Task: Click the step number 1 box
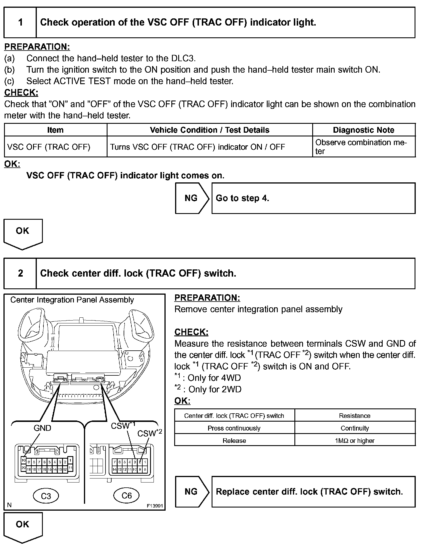(20, 22)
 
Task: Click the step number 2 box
(20, 273)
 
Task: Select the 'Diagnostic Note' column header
(363, 130)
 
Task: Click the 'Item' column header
(55, 130)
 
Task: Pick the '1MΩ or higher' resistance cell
(355, 441)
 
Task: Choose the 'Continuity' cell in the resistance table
(355, 428)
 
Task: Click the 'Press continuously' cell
(234, 428)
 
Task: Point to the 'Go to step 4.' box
(313, 198)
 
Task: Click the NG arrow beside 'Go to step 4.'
(191, 198)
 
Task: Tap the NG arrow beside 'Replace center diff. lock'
(191, 492)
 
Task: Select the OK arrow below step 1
(23, 233)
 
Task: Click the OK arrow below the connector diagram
(23, 526)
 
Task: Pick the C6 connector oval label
(126, 495)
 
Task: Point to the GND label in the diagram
(42, 428)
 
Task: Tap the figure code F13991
(155, 506)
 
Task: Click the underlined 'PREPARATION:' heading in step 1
(37, 47)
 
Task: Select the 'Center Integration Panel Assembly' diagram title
(72, 300)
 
